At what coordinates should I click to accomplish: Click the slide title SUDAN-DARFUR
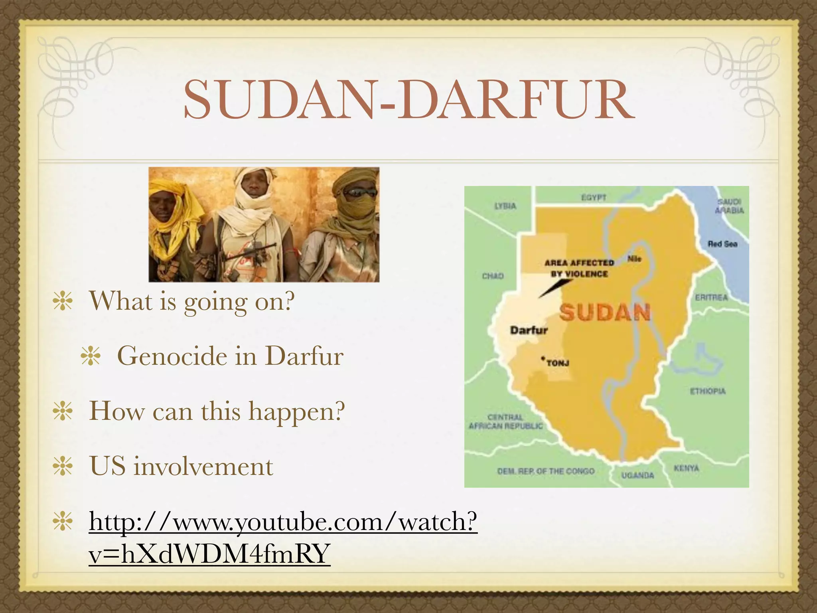pyautogui.click(x=408, y=100)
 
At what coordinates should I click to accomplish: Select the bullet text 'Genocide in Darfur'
pyautogui.click(x=230, y=356)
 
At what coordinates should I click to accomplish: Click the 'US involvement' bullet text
pyautogui.click(x=181, y=466)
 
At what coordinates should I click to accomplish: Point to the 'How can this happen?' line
pyautogui.click(x=217, y=411)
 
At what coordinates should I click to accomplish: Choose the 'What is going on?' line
pyautogui.click(x=191, y=301)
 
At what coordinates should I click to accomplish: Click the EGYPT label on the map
pyautogui.click(x=594, y=198)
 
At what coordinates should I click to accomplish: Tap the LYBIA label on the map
pyautogui.click(x=505, y=206)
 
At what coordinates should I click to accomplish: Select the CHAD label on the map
pyautogui.click(x=493, y=276)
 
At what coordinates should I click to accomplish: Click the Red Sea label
pyautogui.click(x=722, y=244)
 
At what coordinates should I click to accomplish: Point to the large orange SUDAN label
pyautogui.click(x=605, y=312)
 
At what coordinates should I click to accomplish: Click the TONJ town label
pyautogui.click(x=557, y=363)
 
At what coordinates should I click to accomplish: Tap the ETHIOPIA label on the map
pyautogui.click(x=708, y=391)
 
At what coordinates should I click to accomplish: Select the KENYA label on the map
pyautogui.click(x=686, y=468)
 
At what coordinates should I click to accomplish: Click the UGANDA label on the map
pyautogui.click(x=637, y=475)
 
